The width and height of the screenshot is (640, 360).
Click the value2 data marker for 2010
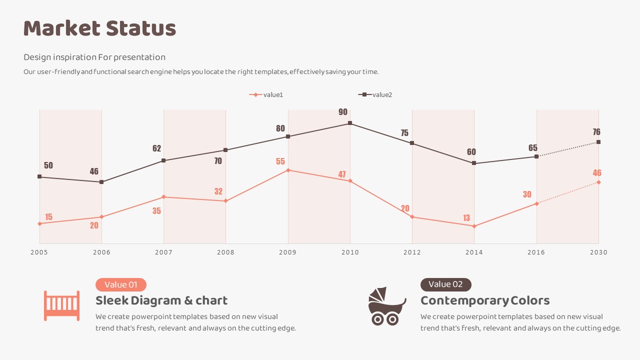pos(350,123)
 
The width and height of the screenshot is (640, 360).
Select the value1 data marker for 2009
pos(288,170)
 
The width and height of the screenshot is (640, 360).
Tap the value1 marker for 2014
pos(474,226)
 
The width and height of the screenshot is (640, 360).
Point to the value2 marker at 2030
pos(598,142)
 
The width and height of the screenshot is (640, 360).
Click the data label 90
pos(343,112)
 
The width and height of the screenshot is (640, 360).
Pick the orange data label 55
pos(280,161)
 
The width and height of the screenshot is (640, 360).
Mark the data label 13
pos(466,218)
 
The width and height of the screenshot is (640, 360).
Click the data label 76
pos(596,132)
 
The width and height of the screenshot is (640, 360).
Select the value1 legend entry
pos(266,94)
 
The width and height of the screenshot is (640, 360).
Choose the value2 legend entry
pos(375,94)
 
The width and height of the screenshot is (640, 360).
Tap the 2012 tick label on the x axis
pos(412,252)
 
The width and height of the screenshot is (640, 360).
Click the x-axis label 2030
pos(598,252)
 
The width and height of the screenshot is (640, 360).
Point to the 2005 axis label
pos(39,252)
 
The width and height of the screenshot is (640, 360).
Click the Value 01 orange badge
pos(121,284)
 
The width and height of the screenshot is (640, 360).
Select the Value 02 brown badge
pos(446,284)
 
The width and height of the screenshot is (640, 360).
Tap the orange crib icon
pos(61,305)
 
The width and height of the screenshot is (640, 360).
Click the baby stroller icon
pos(386,306)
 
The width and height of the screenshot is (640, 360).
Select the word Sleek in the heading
pos(111,300)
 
